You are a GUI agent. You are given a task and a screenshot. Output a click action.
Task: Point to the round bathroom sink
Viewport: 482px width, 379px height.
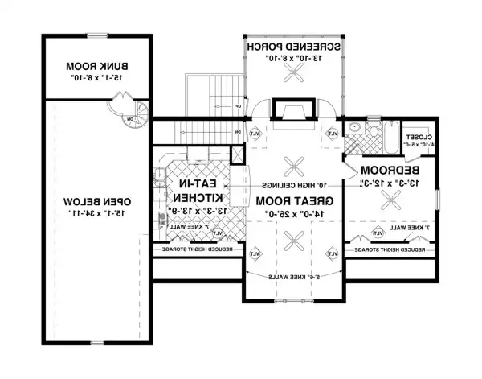[354, 127]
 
